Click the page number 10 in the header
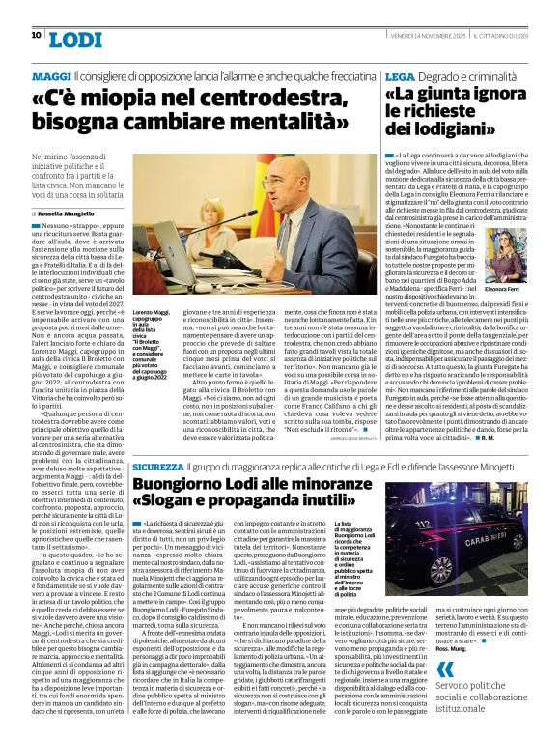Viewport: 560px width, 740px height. pyautogui.click(x=36, y=36)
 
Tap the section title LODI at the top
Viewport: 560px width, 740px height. pyautogui.click(x=76, y=39)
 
